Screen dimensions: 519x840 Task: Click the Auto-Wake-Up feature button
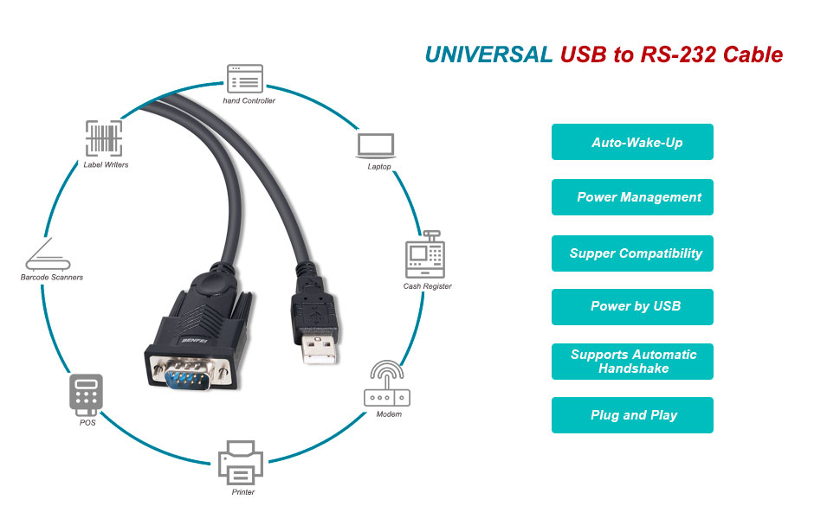tap(632, 142)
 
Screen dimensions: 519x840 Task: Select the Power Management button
tap(632, 197)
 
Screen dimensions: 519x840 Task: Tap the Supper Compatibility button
tap(632, 253)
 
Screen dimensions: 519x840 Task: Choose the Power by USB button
tap(632, 306)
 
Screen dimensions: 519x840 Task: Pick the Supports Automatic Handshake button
tap(632, 362)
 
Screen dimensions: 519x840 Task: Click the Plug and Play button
tap(632, 415)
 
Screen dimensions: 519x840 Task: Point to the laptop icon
tap(376, 145)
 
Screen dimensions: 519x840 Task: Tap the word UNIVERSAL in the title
tap(488, 55)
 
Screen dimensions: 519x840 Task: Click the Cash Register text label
tap(427, 286)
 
